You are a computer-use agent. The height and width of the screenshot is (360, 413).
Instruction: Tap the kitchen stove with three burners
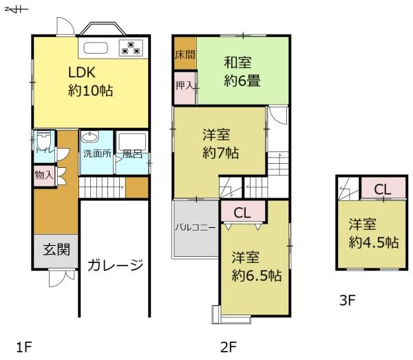pyautogui.click(x=130, y=47)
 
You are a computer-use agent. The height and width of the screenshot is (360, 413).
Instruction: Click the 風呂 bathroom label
pyautogui.click(x=132, y=153)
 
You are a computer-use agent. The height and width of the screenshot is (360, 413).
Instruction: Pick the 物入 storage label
pyautogui.click(x=43, y=175)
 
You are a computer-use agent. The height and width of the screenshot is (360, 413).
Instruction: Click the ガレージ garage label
pyautogui.click(x=115, y=264)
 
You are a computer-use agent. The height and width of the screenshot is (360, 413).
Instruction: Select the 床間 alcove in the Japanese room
pyautogui.click(x=184, y=54)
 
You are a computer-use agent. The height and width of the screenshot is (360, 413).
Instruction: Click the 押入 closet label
pyautogui.click(x=184, y=86)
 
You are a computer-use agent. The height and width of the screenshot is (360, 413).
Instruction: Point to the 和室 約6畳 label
pyautogui.click(x=241, y=71)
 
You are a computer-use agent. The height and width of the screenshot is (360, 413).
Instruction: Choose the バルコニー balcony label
pyautogui.click(x=195, y=226)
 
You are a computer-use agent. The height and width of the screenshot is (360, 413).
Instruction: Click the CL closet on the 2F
pyautogui.click(x=242, y=213)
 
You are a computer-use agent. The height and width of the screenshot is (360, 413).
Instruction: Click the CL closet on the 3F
pyautogui.click(x=383, y=189)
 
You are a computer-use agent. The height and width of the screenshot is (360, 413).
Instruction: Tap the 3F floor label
pyautogui.click(x=348, y=300)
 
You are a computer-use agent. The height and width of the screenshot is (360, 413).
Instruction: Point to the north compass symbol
pyautogui.click(x=12, y=8)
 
